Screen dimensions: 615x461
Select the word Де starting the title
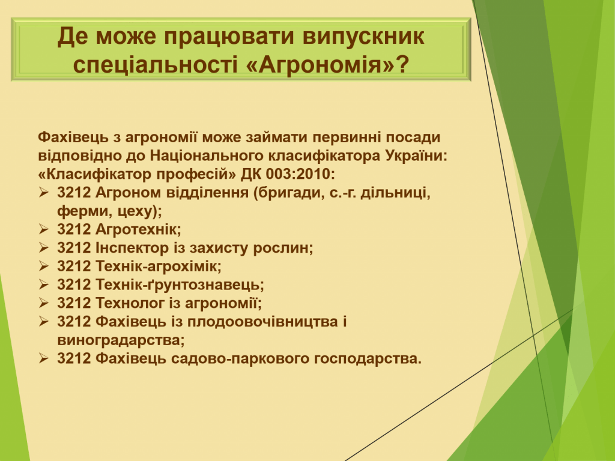tap(73, 37)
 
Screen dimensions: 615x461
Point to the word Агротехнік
tap(138, 229)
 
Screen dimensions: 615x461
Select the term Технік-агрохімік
tap(159, 266)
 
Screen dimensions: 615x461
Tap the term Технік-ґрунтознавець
tap(180, 285)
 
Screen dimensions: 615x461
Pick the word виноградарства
tap(121, 340)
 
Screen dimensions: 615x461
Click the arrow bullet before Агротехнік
tap(43, 228)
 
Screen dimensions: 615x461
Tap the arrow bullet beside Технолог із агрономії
tap(43, 303)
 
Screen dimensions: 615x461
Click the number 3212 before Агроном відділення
tap(74, 193)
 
